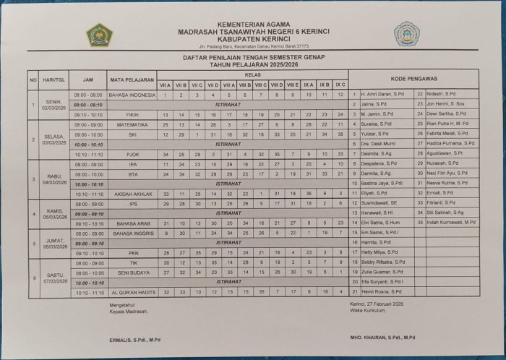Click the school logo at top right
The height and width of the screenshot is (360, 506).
(406, 34)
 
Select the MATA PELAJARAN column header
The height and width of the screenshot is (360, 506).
(132, 79)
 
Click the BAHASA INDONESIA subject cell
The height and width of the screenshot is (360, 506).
(132, 95)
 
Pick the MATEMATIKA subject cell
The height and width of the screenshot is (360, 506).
(132, 124)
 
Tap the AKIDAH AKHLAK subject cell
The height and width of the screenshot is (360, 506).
(132, 194)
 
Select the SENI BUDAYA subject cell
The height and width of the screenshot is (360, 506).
(132, 273)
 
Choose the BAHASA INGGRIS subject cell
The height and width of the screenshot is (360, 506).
(132, 233)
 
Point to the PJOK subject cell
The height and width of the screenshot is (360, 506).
(132, 154)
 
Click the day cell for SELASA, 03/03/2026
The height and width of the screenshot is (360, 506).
(51, 134)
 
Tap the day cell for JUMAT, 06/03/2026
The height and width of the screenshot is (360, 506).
(51, 243)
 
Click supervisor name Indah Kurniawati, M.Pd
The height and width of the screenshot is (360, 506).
(450, 223)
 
